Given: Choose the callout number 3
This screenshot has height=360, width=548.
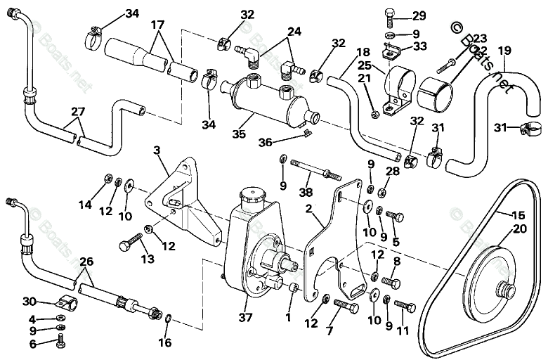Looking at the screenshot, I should [157, 150].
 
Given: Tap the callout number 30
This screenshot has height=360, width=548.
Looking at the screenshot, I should [29, 302].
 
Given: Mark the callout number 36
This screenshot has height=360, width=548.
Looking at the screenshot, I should [264, 141].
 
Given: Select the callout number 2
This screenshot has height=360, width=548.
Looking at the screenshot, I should [308, 209].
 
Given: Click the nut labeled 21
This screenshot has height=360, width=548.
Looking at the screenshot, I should [374, 112].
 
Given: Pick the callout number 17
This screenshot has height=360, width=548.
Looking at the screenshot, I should [158, 25].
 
